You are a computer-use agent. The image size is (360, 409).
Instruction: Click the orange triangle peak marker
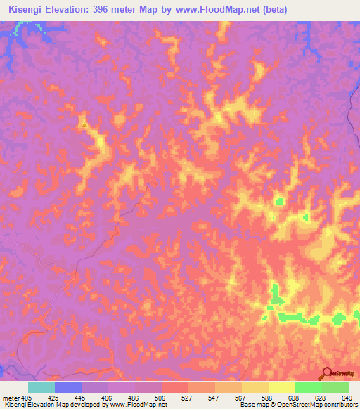pyautogui.click(x=84, y=125)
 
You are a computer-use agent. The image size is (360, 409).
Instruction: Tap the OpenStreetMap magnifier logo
pyautogui.click(x=327, y=372)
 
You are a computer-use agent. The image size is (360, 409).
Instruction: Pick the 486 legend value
pyautogui.click(x=135, y=397)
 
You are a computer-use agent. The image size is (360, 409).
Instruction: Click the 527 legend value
pyautogui.click(x=187, y=397)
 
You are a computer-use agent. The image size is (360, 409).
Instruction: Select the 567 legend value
pyautogui.click(x=239, y=397)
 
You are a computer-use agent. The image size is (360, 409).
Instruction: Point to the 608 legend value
pyautogui.click(x=292, y=397)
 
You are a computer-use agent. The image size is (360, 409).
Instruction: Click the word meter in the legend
pyautogui.click(x=9, y=397)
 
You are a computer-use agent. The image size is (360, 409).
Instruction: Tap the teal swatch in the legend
pyautogui.click(x=41, y=387)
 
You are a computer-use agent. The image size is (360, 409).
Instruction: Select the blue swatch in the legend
pyautogui.click(x=68, y=387)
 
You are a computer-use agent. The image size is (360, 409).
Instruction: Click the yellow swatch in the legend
pyautogui.click(x=281, y=387)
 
